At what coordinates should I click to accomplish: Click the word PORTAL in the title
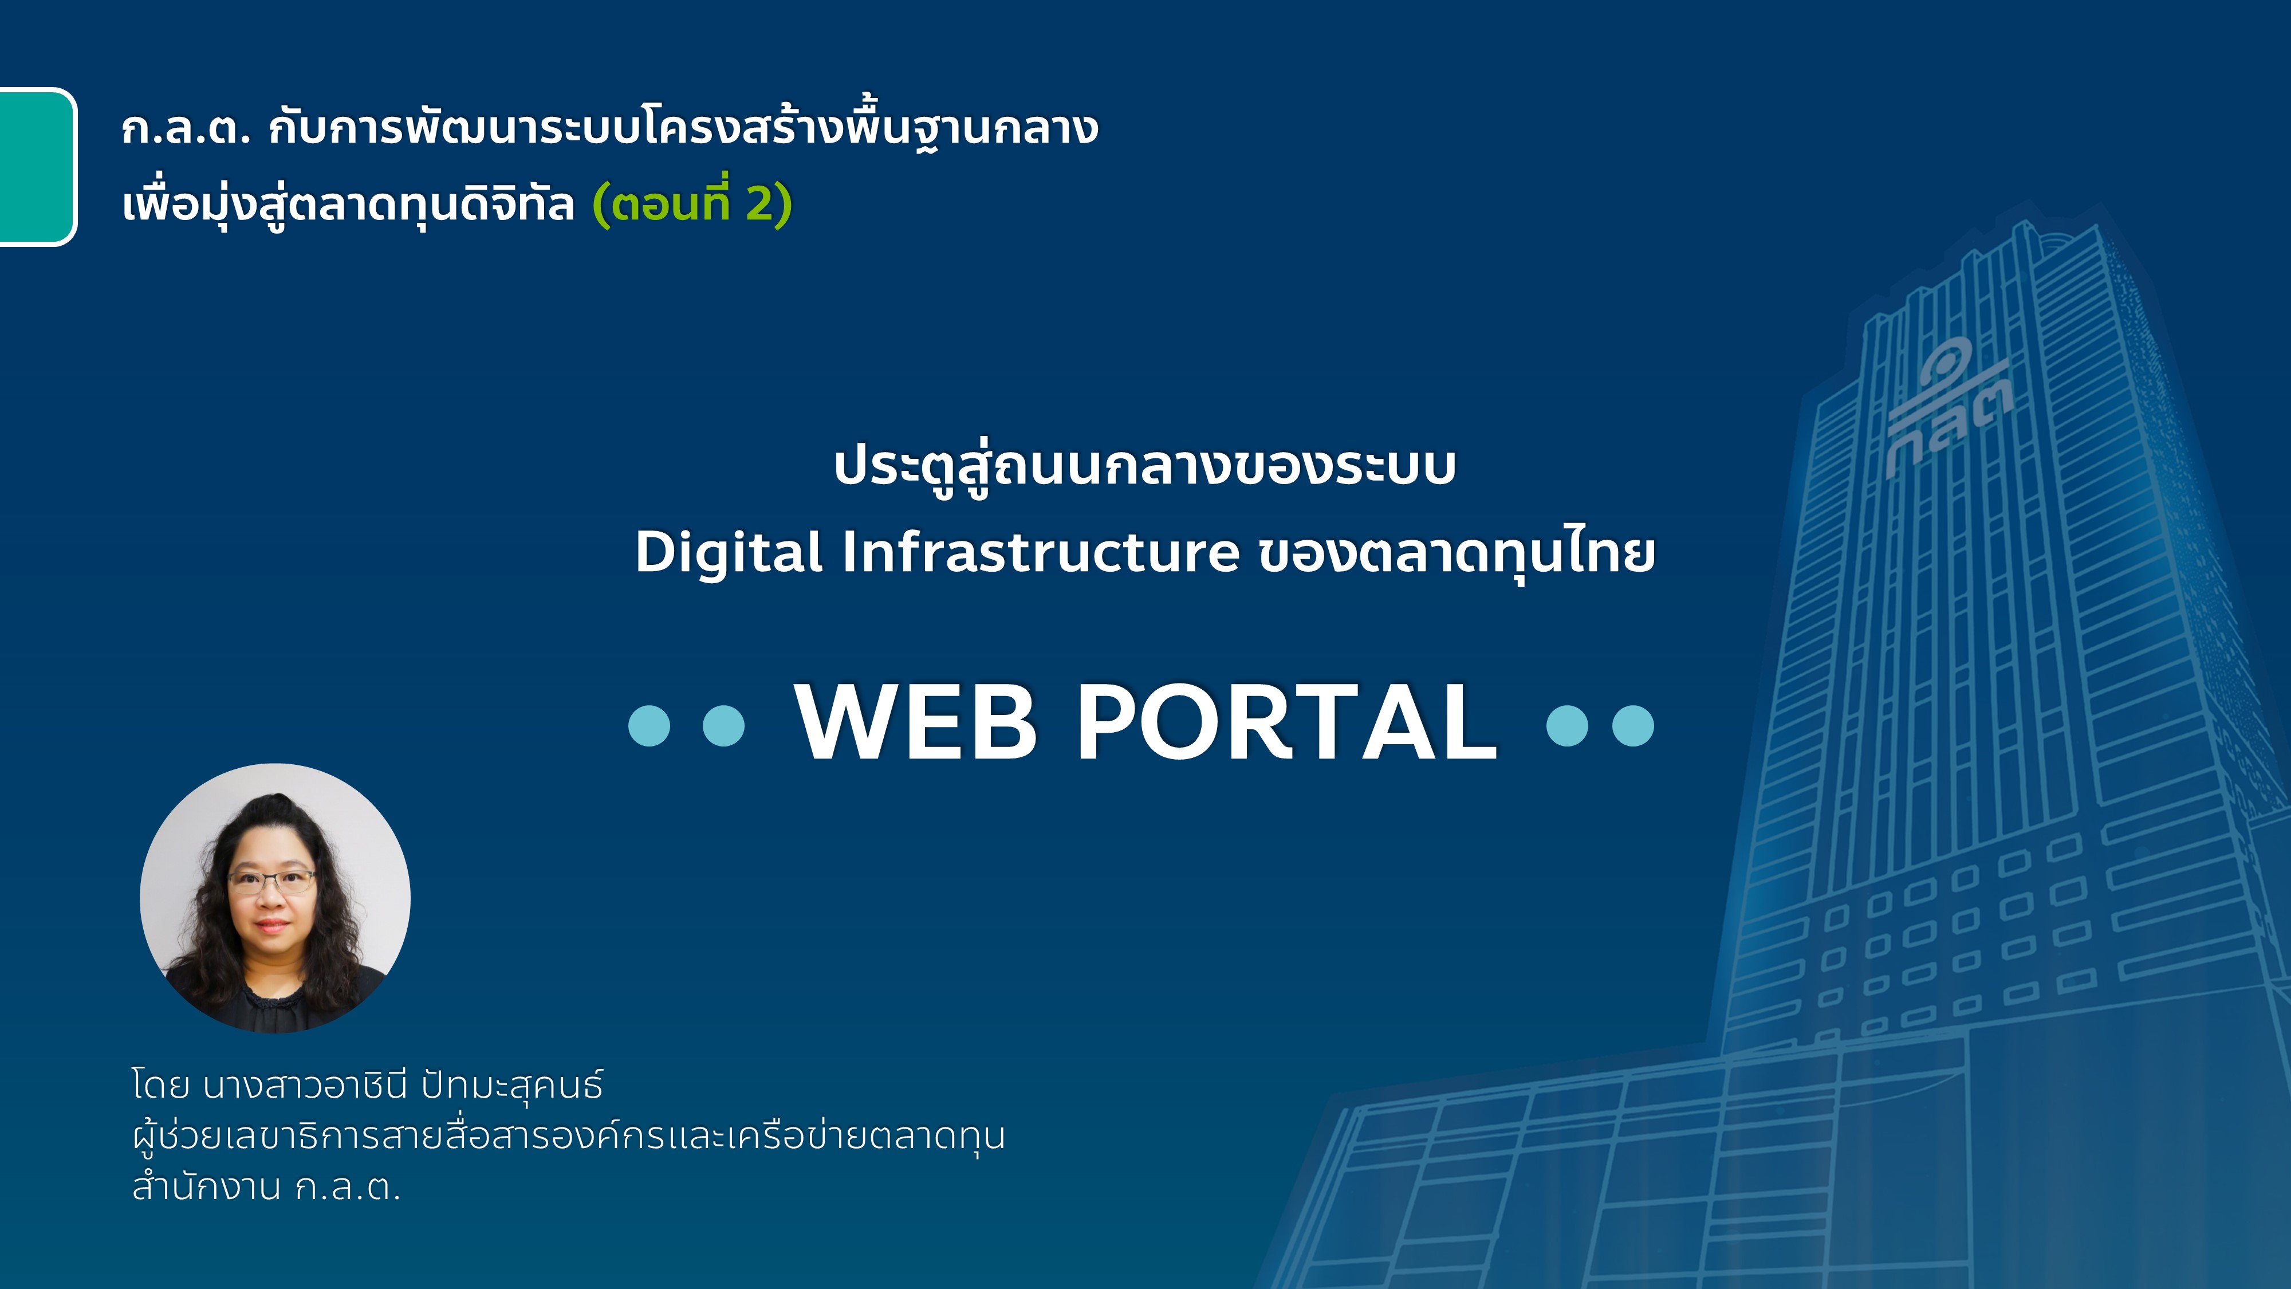(x=1288, y=722)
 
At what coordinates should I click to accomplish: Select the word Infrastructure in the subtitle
(x=1041, y=552)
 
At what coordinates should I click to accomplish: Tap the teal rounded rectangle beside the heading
(x=37, y=166)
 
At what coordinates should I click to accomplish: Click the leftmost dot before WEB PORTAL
(x=649, y=725)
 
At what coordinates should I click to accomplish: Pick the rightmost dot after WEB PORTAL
(x=1633, y=725)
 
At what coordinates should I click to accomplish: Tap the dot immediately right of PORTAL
(x=1567, y=725)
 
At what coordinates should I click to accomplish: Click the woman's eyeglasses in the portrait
(x=271, y=881)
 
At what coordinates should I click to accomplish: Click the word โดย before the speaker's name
(x=161, y=1085)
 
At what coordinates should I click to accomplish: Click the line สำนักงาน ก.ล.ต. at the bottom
(x=266, y=1186)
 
